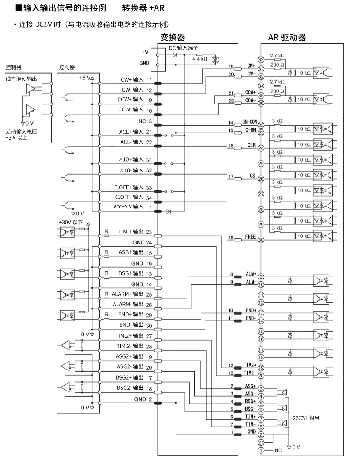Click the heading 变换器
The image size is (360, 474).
(173, 38)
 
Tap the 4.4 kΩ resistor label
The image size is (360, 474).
(200, 59)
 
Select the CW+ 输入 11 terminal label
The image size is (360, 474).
(137, 80)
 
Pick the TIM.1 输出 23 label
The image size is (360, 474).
(135, 232)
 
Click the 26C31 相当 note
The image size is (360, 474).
(306, 417)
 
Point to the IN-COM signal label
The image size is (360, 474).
(249, 122)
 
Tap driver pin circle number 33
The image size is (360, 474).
(261, 59)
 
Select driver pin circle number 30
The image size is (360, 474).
(261, 240)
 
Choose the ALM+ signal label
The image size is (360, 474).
(251, 273)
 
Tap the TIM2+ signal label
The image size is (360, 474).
(249, 365)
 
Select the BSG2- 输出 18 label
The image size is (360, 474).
(134, 388)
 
